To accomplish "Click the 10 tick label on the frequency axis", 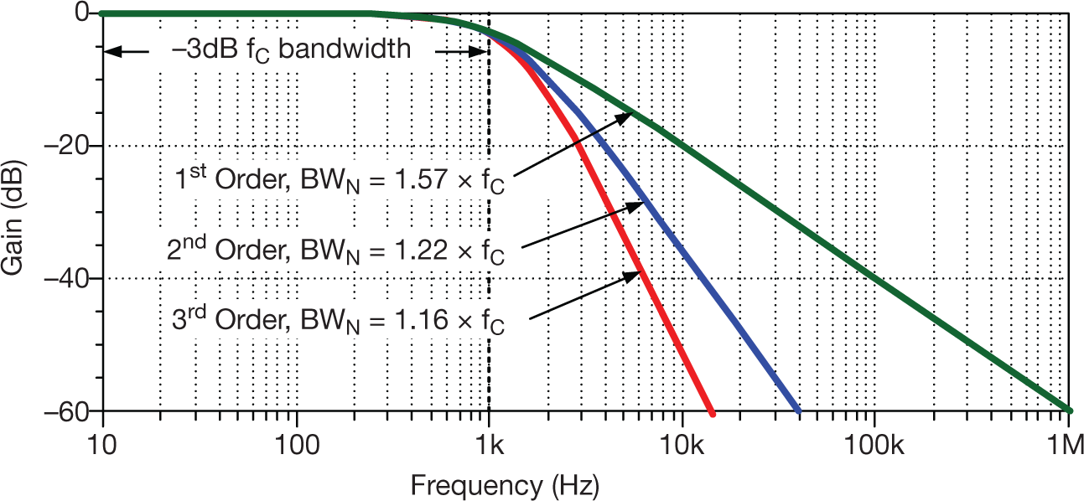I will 102,441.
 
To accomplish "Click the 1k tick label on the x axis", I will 489,441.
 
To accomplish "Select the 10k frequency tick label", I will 682,441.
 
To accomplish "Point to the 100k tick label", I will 874,441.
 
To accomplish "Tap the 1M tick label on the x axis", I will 1067,441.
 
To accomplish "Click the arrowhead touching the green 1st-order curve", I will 627,116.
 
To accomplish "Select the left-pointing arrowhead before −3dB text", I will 112,50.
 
